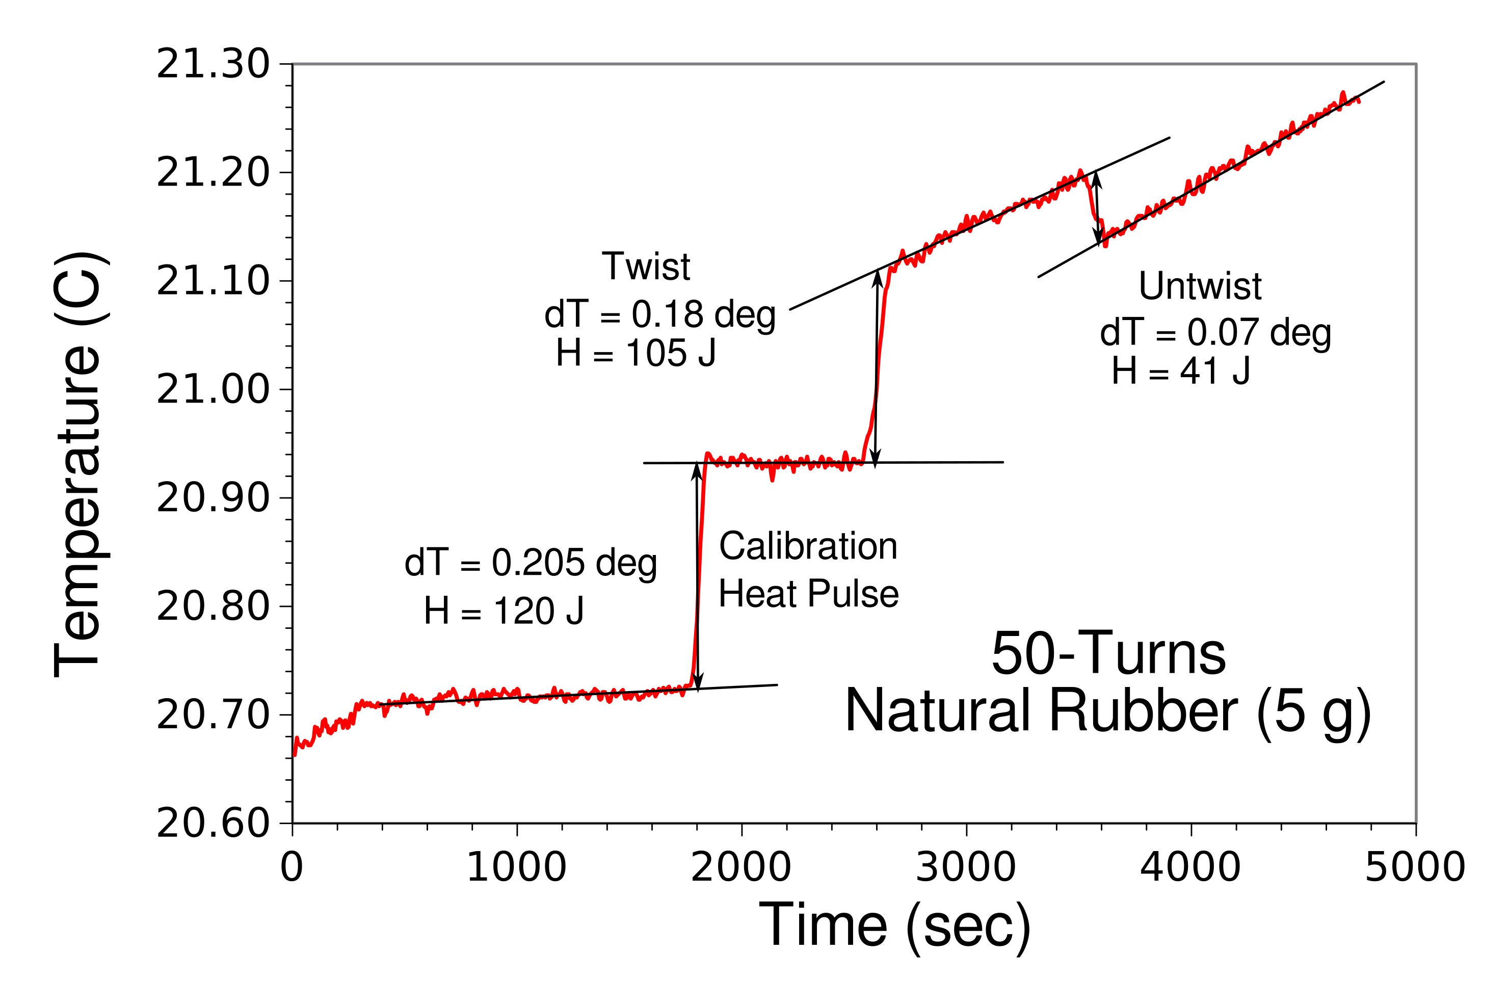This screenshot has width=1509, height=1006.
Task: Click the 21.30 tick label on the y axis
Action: tap(213, 65)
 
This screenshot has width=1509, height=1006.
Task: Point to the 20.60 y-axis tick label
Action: tap(213, 823)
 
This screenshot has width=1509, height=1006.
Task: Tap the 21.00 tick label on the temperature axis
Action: tap(213, 389)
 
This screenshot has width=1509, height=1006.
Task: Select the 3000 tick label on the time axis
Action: tap(966, 867)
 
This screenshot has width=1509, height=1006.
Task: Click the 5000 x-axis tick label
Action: tap(1415, 867)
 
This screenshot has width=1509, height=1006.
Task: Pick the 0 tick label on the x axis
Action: tap(292, 867)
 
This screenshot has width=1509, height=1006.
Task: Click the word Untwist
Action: tap(1200, 286)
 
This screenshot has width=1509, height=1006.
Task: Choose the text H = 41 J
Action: tap(1180, 371)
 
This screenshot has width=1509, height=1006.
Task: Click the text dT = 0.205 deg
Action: tap(530, 563)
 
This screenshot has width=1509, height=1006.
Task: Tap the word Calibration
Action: tap(808, 547)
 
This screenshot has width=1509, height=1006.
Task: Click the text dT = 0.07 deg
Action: tap(1215, 333)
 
